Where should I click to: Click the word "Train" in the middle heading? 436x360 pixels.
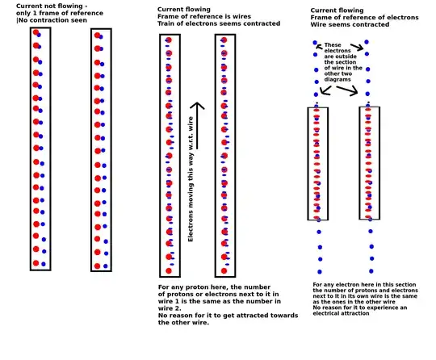point(166,23)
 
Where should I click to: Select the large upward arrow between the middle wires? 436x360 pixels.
point(197,126)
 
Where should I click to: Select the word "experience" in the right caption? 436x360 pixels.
point(378,308)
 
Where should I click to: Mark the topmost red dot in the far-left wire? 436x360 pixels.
point(36,32)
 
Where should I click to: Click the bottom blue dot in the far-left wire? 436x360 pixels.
point(44,264)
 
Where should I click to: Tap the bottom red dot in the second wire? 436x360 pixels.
point(97,266)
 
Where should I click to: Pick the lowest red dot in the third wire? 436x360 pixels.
point(169,270)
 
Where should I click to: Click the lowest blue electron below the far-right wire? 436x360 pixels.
point(371,271)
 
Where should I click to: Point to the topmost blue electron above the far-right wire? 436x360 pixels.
point(367,42)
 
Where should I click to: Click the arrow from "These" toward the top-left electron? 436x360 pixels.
point(320,47)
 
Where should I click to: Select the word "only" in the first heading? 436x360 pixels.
point(23,14)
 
